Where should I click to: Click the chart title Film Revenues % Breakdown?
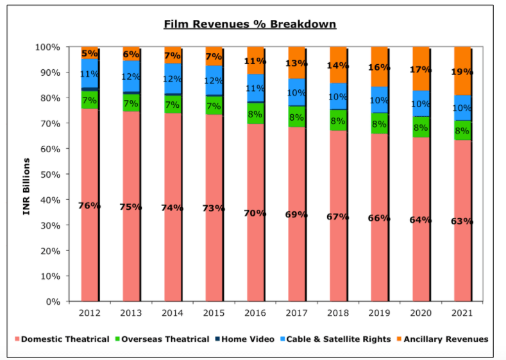pyautogui.click(x=250, y=24)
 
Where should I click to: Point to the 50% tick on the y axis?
pyautogui.click(x=50, y=175)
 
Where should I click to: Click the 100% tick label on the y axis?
pyautogui.click(x=47, y=47)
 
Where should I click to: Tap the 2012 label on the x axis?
pyautogui.click(x=90, y=314)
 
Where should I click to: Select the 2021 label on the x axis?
pyautogui.click(x=462, y=314)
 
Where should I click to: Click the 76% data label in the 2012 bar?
pyautogui.click(x=90, y=206)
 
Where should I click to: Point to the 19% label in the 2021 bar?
pyautogui.click(x=462, y=73)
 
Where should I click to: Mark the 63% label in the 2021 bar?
pyautogui.click(x=462, y=221)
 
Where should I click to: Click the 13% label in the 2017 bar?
pyautogui.click(x=297, y=63)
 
